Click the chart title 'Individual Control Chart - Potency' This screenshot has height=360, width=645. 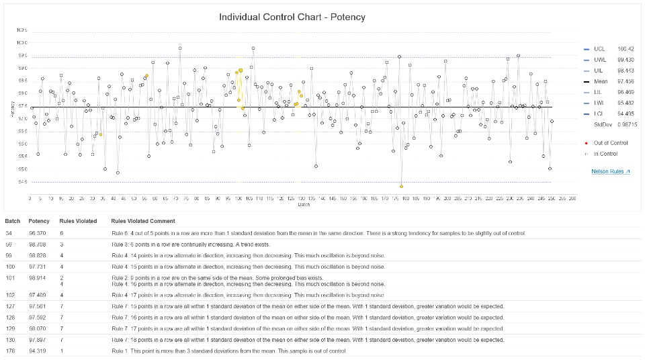[292, 17]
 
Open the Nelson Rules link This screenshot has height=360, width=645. [610, 172]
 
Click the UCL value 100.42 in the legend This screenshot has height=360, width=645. [626, 49]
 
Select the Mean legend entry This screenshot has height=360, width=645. [600, 81]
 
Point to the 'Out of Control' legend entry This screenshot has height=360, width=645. [610, 142]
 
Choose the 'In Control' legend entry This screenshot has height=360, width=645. [605, 154]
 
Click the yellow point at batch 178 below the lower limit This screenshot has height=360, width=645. [401, 186]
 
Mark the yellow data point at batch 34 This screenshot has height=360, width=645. [101, 134]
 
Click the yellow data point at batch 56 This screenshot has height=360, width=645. [146, 75]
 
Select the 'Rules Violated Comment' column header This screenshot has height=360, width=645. [143, 221]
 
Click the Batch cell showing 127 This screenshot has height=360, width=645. [9, 306]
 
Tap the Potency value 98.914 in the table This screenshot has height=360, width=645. [39, 277]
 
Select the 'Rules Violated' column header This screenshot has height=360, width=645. [78, 221]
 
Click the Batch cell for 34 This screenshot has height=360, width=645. [8, 233]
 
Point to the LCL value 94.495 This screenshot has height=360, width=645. [626, 114]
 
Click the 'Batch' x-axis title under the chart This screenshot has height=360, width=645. [304, 205]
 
